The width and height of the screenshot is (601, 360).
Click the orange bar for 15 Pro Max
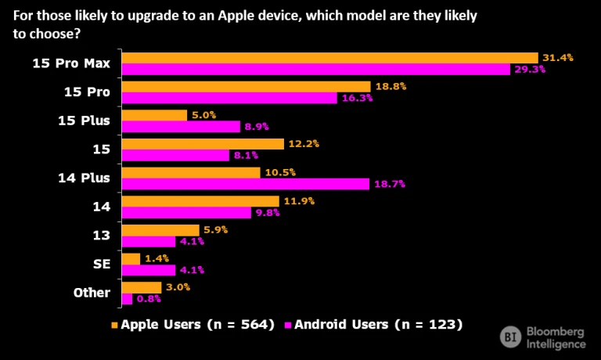point(329,58)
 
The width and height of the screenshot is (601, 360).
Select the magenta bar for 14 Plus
point(245,184)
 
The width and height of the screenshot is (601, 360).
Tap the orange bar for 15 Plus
point(154,115)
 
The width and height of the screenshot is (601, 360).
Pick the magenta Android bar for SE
point(149,270)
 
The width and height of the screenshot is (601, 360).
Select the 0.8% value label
point(149,299)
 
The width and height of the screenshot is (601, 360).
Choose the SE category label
point(101,265)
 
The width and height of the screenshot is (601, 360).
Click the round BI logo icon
point(511,337)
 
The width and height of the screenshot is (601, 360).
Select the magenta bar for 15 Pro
point(229,98)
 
